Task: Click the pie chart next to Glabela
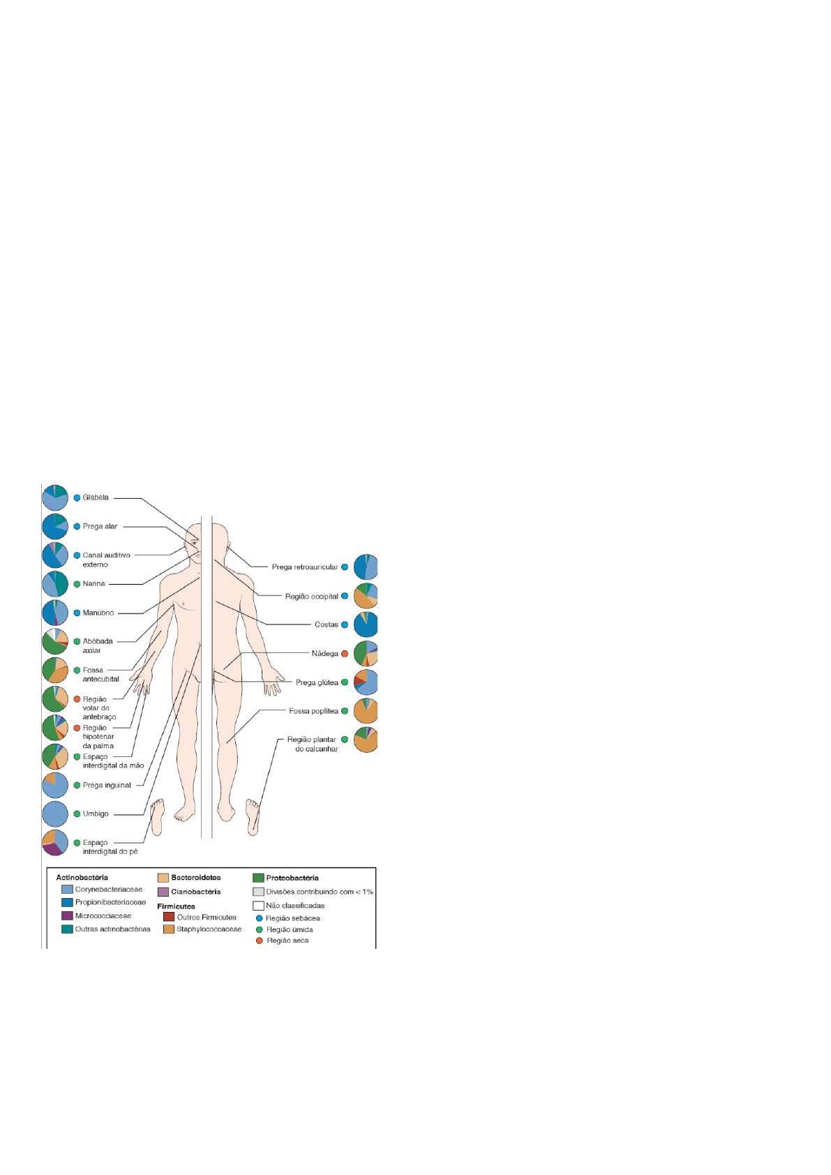[55, 497]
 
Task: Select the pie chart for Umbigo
[55, 814]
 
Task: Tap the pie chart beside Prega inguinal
[55, 785]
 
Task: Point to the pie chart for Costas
[366, 624]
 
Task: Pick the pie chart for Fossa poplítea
[366, 711]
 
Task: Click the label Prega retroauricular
[305, 567]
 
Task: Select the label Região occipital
[311, 597]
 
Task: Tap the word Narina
[93, 584]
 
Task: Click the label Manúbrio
[98, 613]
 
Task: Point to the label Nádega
[324, 654]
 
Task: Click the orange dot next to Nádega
[345, 654]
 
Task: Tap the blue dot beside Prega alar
[77, 527]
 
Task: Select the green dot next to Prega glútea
[345, 682]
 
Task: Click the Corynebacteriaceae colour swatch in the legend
[67, 890]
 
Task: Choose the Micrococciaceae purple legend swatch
[67, 916]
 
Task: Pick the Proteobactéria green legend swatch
[258, 878]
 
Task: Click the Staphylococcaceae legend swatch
[169, 929]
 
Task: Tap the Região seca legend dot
[260, 941]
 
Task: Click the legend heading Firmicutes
[176, 906]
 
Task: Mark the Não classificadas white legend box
[258, 906]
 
